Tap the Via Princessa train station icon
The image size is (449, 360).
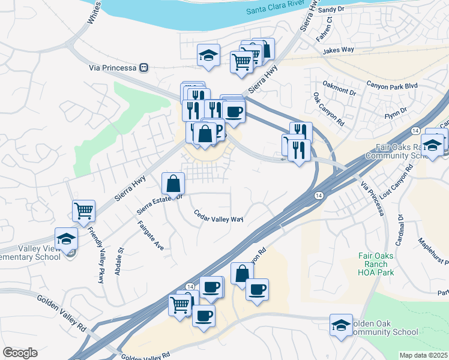pyautogui.click(x=143, y=67)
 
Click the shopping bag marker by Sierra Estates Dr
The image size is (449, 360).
pyautogui.click(x=173, y=183)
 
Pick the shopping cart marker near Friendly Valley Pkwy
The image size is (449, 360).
pyautogui.click(x=83, y=211)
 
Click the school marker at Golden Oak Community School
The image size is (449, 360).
pyautogui.click(x=341, y=325)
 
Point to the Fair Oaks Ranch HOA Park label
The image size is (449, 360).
pyautogui.click(x=376, y=263)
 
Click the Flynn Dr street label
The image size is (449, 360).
pyautogui.click(x=396, y=111)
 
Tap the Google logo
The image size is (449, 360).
pyautogui.click(x=20, y=352)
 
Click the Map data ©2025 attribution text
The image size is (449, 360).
pyautogui.click(x=424, y=355)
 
